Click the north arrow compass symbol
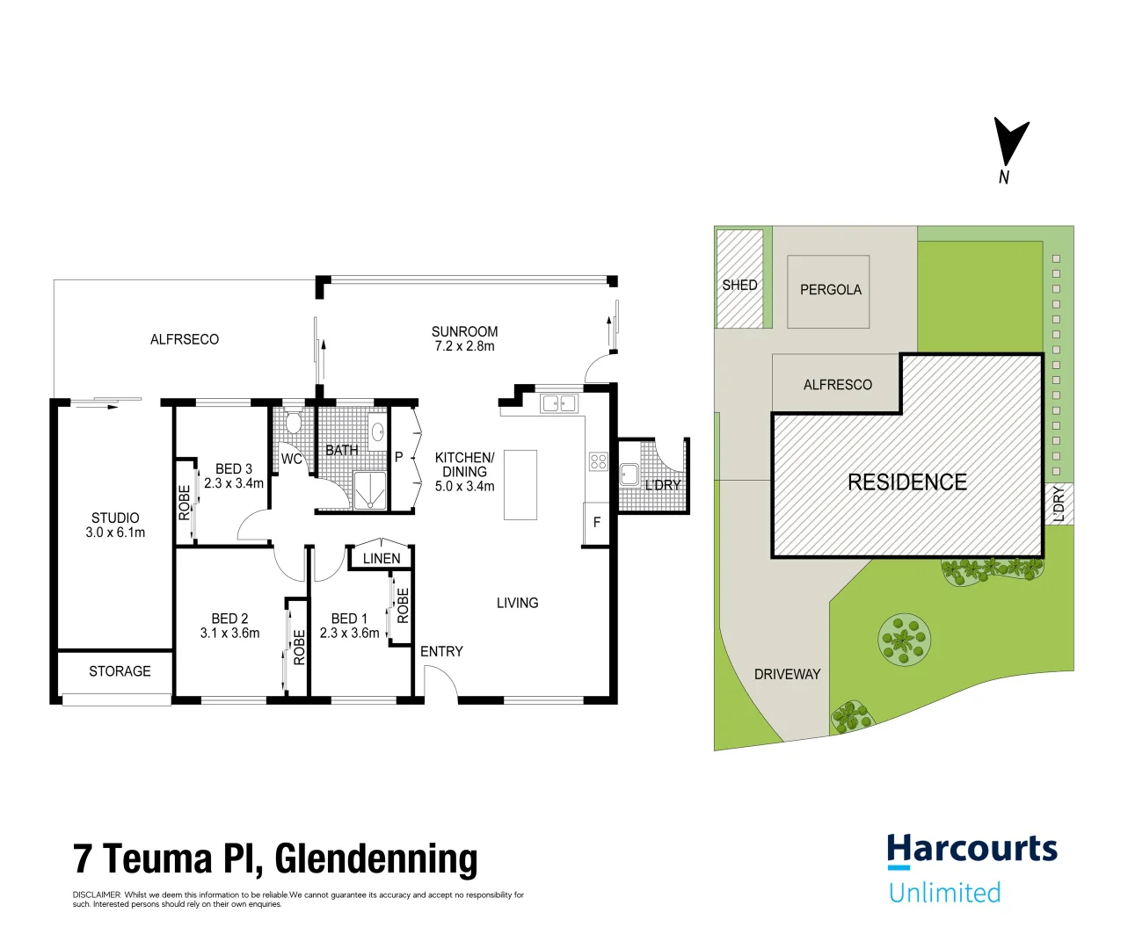coord(1009,143)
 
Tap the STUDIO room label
coord(115,518)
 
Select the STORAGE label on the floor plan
coord(120,671)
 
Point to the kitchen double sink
coord(559,403)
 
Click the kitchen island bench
coord(520,484)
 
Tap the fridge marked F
coord(597,523)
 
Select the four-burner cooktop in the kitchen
coord(599,461)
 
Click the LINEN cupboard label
coord(382,559)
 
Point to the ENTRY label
coord(441,651)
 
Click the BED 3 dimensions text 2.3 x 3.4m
coord(234,483)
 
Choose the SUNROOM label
coord(464,331)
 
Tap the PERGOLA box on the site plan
coord(829,291)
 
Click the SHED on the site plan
coord(739,279)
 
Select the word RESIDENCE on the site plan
coord(907,482)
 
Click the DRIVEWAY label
coord(787,674)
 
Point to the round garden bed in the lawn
coord(904,639)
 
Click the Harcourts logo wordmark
coord(972,850)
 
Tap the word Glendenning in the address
coord(376,858)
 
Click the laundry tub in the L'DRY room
coord(629,474)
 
